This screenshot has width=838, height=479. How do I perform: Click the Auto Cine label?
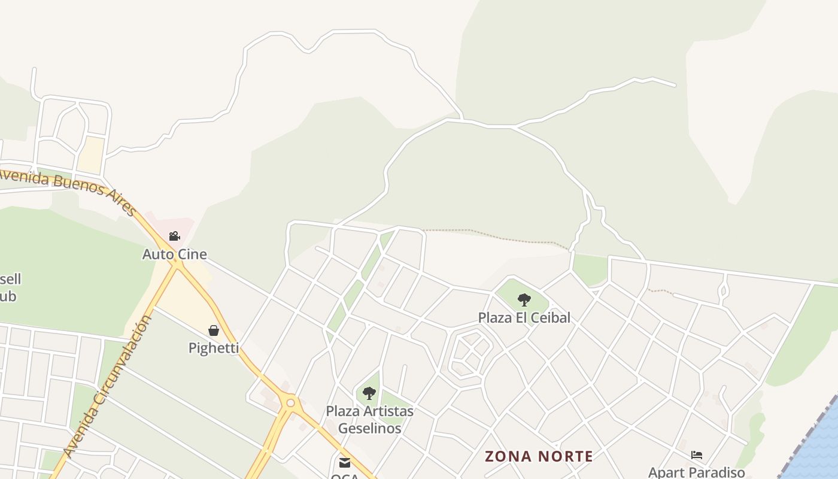pyautogui.click(x=174, y=254)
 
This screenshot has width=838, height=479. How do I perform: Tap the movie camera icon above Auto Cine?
pyautogui.click(x=174, y=237)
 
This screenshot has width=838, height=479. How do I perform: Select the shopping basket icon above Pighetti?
pyautogui.click(x=214, y=331)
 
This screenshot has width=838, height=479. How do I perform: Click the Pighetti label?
pyautogui.click(x=214, y=348)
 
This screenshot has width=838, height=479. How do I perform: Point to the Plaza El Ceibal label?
pyautogui.click(x=524, y=317)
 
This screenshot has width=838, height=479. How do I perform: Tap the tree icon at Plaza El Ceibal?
pyautogui.click(x=524, y=300)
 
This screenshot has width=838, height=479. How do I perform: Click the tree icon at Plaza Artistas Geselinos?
pyautogui.click(x=369, y=393)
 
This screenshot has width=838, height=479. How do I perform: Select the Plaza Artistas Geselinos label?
pyautogui.click(x=369, y=419)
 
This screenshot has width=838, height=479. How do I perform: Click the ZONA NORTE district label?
pyautogui.click(x=539, y=456)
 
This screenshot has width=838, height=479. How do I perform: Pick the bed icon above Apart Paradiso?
pyautogui.click(x=696, y=455)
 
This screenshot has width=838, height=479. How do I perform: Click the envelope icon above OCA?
pyautogui.click(x=345, y=462)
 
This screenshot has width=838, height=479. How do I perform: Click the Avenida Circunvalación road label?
pyautogui.click(x=108, y=386)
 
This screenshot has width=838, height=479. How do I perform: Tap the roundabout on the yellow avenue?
pyautogui.click(x=291, y=403)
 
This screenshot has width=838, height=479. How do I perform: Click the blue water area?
pyautogui.click(x=820, y=449)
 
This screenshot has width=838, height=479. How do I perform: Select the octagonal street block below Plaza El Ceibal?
pyautogui.click(x=470, y=353)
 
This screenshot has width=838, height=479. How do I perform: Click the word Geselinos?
pyautogui.click(x=369, y=428)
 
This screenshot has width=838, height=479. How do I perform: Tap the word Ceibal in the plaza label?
pyautogui.click(x=549, y=317)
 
